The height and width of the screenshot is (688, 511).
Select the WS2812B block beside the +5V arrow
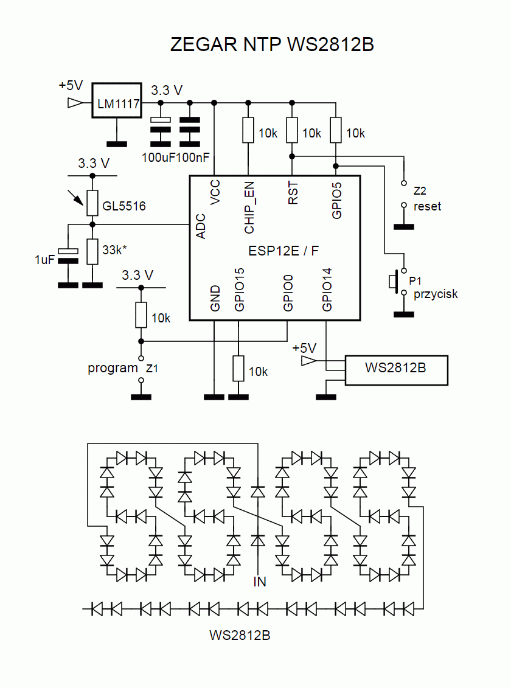[x=397, y=369]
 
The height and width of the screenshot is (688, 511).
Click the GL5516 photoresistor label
[x=124, y=206]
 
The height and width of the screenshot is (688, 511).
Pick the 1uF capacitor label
[x=45, y=259]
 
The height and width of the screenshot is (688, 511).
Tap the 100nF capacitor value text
[x=195, y=158]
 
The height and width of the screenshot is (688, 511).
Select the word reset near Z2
[x=427, y=206]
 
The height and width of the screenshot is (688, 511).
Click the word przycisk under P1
[x=436, y=294]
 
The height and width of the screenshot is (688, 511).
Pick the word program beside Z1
[x=113, y=367]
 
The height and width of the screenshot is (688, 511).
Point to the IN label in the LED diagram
[x=260, y=582]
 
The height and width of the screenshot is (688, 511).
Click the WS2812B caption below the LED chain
[x=240, y=636]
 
